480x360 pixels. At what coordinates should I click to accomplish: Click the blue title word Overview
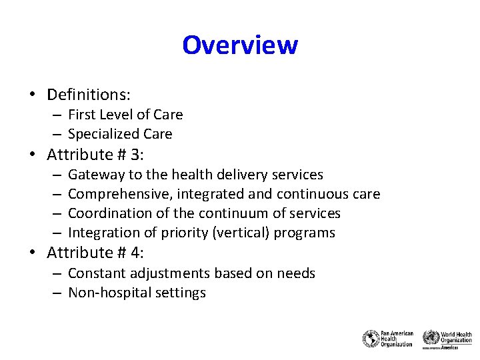[240, 45]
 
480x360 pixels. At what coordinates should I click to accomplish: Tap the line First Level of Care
[125, 115]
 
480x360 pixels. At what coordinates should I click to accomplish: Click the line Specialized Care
[120, 134]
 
